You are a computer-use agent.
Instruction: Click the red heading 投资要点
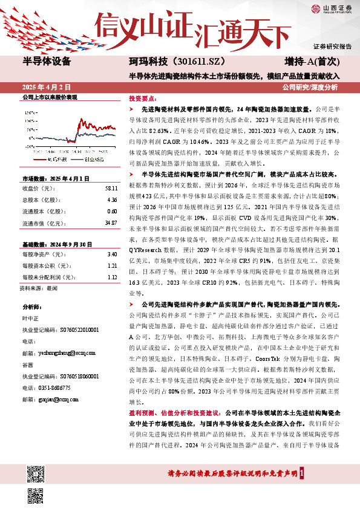tap(143, 98)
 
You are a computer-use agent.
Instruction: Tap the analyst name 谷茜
tap(28, 365)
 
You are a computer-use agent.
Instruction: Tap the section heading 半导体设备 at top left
tap(47, 61)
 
